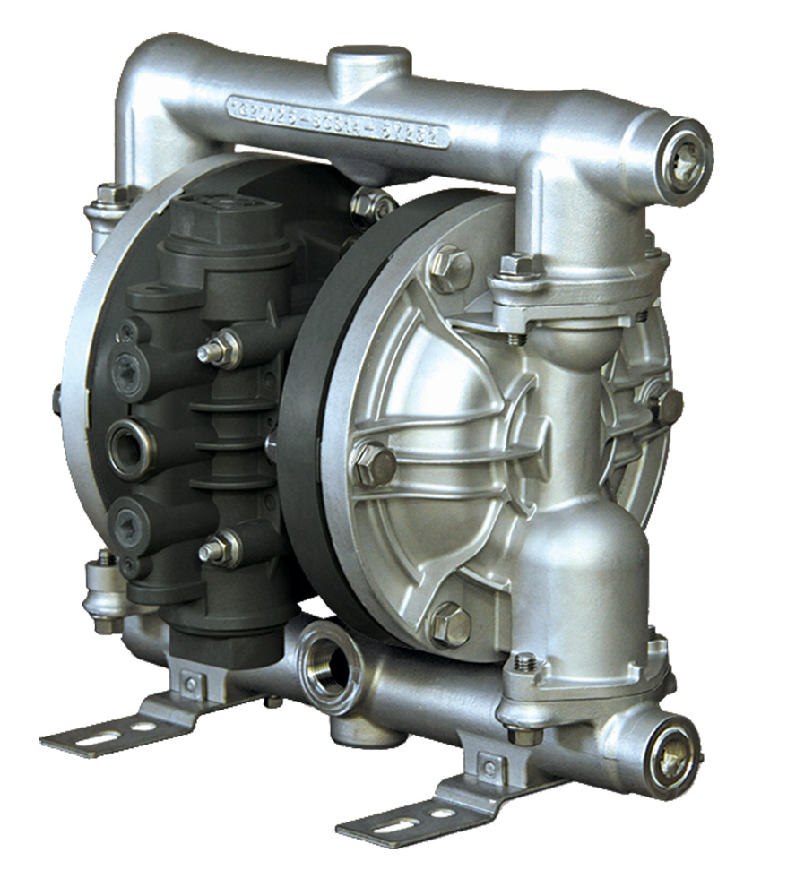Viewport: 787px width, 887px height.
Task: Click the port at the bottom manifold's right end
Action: (x=673, y=760)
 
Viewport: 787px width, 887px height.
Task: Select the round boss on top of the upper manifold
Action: (x=368, y=61)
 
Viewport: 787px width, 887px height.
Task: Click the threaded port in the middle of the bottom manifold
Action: (x=331, y=664)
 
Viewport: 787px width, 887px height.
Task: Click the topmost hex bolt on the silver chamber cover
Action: (x=450, y=266)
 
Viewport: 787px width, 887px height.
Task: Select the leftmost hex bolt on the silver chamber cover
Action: (x=374, y=463)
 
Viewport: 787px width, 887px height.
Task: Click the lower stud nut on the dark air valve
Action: (x=218, y=548)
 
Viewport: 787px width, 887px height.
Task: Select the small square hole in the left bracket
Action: (x=190, y=685)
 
